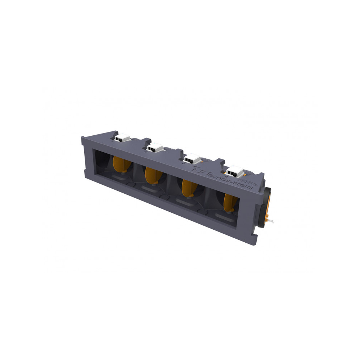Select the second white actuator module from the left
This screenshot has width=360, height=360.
pos(155,147)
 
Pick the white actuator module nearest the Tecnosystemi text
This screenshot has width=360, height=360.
pos(235,170)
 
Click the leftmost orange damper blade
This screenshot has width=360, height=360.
pos(121,165)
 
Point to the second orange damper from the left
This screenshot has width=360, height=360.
pos(152,175)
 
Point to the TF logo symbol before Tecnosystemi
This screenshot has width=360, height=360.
pos(198,170)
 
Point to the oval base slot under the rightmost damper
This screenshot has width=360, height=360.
pos(229,217)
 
